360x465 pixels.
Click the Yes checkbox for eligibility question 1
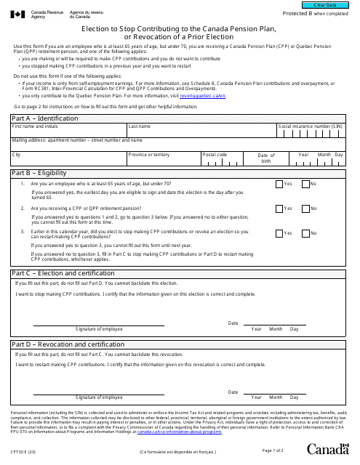tap(279, 185)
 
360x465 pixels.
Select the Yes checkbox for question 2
tap(279, 209)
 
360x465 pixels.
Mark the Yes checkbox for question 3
tap(279, 233)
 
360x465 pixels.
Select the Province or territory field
tap(163, 160)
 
